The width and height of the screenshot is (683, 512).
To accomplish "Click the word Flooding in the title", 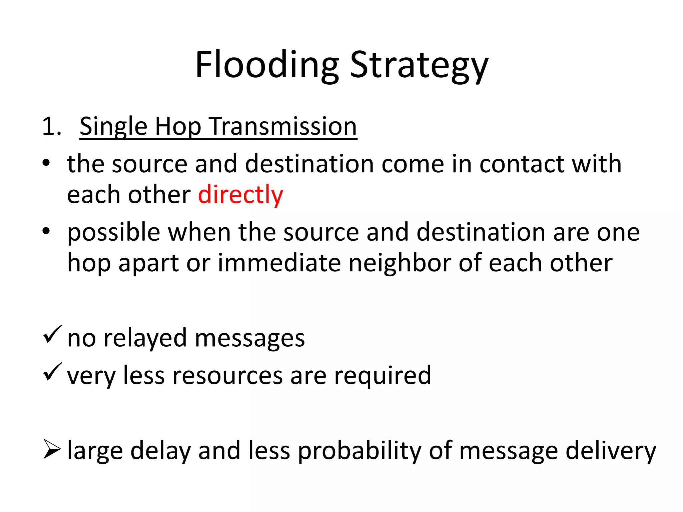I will (267, 65).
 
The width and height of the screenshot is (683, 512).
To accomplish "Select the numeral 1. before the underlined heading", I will (52, 127).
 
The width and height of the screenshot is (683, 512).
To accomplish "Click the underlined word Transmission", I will (283, 127).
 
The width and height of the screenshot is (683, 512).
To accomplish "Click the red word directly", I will (240, 195).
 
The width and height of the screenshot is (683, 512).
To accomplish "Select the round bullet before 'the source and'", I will (46, 163).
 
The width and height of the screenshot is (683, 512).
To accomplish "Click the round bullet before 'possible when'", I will (46, 231).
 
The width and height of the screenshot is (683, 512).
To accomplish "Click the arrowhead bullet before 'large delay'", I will (52, 449).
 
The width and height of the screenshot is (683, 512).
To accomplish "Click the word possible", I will (114, 233).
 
